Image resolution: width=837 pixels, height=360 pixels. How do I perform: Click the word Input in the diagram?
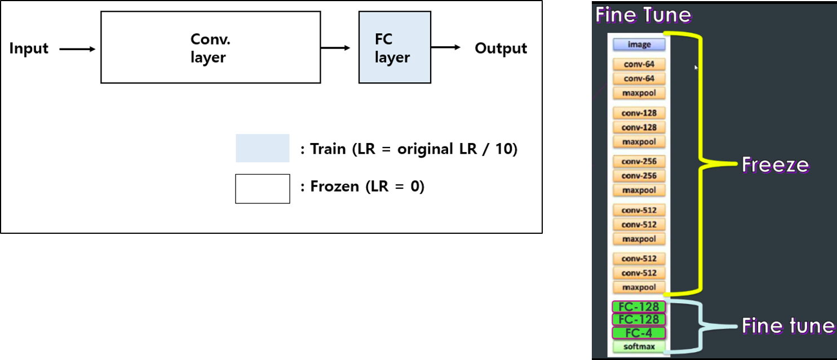(29, 49)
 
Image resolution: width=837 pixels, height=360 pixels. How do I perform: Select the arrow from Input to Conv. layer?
(77, 49)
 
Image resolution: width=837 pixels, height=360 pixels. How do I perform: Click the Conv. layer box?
(210, 48)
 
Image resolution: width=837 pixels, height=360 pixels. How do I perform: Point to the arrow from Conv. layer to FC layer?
(335, 48)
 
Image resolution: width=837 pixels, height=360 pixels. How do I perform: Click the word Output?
(501, 48)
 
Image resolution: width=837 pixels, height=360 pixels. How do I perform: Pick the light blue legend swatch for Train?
(262, 148)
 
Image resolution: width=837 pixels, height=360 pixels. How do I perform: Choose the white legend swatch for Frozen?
(262, 188)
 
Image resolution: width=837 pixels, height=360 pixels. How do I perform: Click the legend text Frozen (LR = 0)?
(362, 186)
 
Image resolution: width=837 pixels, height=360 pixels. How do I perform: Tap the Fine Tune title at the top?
(643, 15)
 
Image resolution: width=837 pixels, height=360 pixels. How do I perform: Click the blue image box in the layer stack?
(639, 45)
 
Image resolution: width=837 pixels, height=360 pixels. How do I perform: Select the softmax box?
(639, 346)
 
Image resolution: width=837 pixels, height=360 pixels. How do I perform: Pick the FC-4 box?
(639, 333)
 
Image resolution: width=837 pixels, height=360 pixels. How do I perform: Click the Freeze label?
(775, 165)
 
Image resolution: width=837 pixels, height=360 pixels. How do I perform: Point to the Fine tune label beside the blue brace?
(787, 326)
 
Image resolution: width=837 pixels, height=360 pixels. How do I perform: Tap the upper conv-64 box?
(639, 64)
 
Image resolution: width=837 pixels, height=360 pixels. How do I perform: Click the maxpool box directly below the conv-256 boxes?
(639, 190)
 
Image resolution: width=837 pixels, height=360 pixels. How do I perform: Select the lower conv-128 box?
(639, 127)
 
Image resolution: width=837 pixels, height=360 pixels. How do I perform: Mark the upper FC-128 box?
(639, 307)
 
